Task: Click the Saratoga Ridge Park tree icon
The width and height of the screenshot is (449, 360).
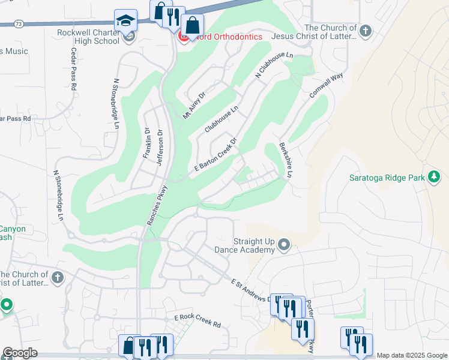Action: pos(433,177)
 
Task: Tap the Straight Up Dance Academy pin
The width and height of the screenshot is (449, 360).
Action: pos(285,245)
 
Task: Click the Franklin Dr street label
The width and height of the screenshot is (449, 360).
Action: pos(146,143)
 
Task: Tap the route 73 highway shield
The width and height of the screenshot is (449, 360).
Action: pos(19,24)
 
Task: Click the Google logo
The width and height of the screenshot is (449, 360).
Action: pos(20,353)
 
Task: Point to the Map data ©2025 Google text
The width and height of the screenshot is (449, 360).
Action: pos(411,355)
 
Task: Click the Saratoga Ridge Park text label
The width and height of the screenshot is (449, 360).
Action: pos(387,177)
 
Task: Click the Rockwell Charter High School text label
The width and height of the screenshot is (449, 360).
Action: pos(89,37)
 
